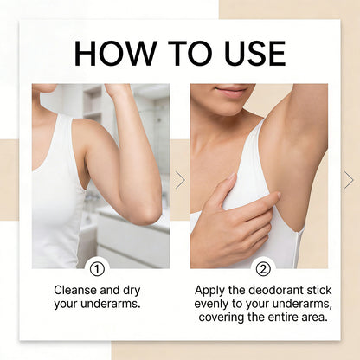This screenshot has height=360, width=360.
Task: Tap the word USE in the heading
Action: pos(255,54)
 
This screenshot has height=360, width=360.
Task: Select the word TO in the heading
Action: pos(192,54)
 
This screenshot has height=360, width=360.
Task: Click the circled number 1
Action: pos(97,269)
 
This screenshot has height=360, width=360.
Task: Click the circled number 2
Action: pos(263,269)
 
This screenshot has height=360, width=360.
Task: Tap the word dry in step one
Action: pos(132,291)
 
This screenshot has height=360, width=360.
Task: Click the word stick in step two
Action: pos(319,290)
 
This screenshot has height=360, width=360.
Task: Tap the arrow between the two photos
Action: pos(180,180)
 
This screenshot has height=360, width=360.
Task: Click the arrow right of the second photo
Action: pos(349,180)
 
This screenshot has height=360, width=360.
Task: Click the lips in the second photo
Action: pos(231,91)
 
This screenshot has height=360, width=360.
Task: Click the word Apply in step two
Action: pos(209,291)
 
